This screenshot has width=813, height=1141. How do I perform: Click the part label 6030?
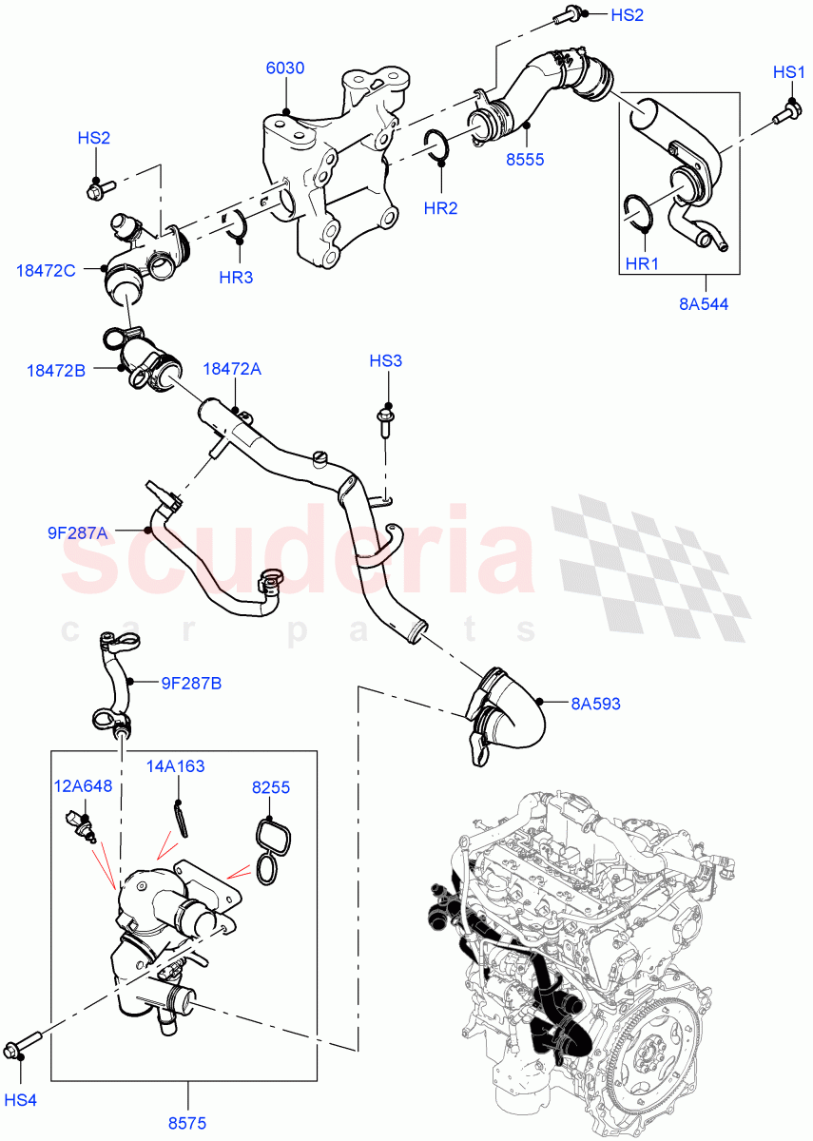[284, 68]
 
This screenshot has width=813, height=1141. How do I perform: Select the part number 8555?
[525, 159]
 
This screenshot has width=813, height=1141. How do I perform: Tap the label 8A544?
[706, 305]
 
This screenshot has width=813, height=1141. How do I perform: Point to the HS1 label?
[789, 72]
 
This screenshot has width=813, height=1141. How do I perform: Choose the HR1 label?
[642, 263]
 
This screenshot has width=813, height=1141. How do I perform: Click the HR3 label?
[236, 278]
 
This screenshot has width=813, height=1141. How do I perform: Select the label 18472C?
[47, 270]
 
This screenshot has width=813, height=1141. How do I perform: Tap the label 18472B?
[56, 370]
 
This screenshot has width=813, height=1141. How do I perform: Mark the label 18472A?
[231, 368]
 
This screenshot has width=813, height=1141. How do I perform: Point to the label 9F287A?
[79, 533]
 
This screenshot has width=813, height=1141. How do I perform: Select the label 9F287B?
[191, 682]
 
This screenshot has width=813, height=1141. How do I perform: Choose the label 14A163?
[175, 765]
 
